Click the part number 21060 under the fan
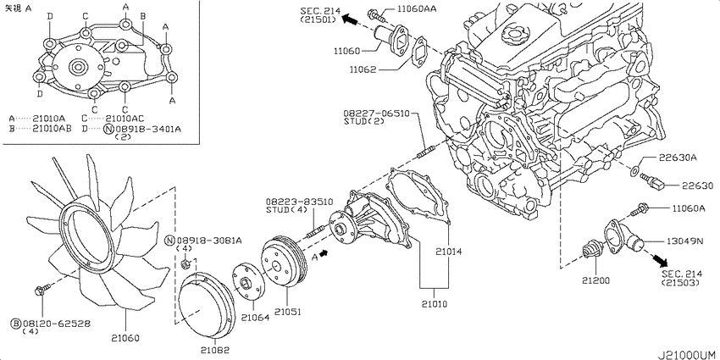125,339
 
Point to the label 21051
286,312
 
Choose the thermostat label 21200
595,280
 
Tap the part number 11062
362,70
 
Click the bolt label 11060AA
402,8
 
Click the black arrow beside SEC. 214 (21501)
351,19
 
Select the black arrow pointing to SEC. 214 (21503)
661,261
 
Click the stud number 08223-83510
299,202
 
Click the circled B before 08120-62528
16,324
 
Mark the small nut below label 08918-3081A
186,263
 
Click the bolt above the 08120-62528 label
40,290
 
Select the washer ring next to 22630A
634,171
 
